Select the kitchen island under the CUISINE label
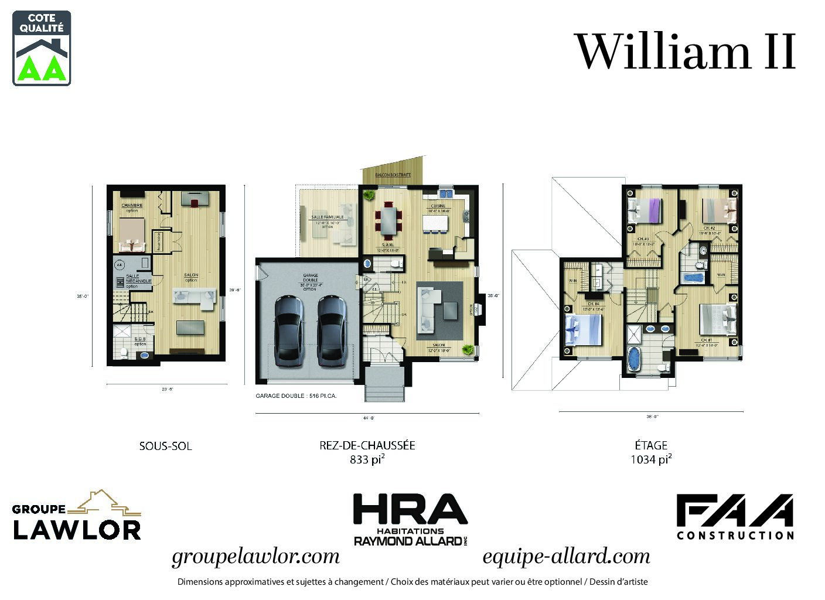click(435, 223)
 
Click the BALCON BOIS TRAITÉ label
click(393, 175)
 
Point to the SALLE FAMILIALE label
click(328, 217)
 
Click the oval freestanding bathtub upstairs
click(635, 358)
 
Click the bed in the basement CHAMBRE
click(131, 234)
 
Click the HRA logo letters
click(410, 510)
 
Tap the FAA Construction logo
click(735, 516)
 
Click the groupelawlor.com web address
click(255, 556)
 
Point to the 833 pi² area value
click(367, 459)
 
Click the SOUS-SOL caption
click(165, 446)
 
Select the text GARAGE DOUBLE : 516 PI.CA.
click(296, 396)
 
